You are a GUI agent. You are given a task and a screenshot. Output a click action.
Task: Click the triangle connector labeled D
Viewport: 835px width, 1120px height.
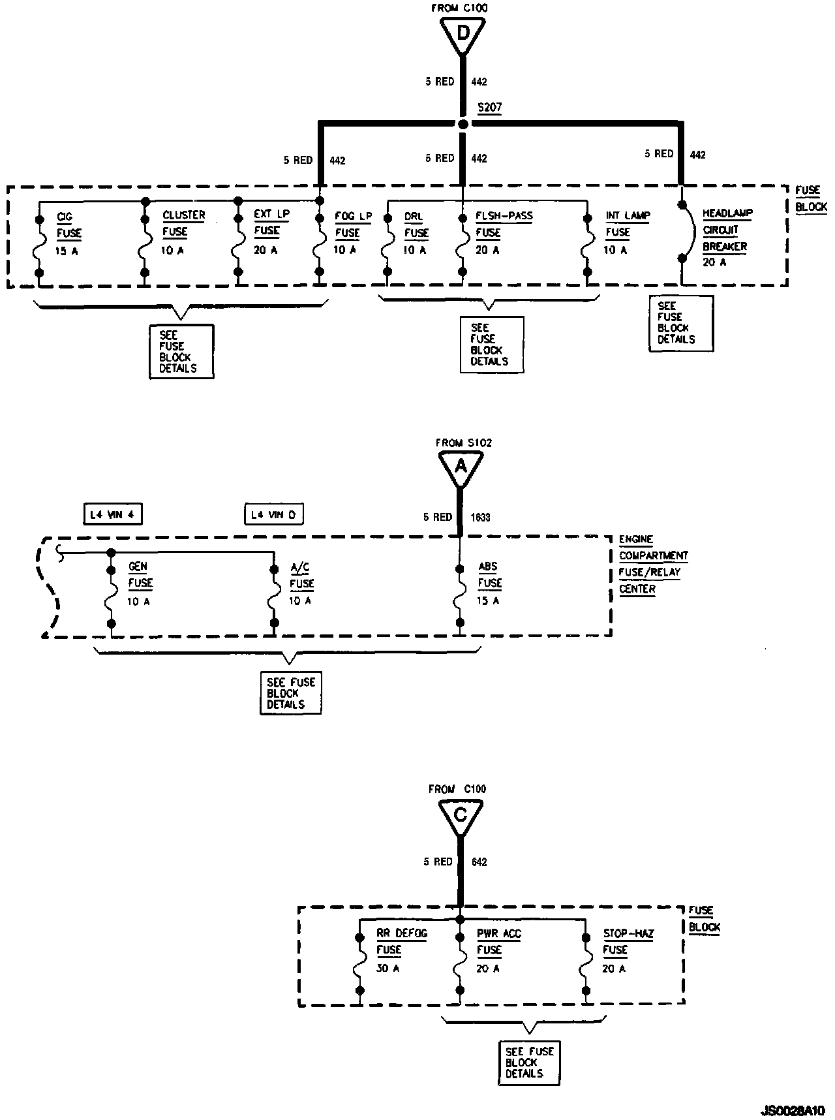[463, 32]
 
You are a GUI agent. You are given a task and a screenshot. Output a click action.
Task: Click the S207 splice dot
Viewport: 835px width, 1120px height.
[463, 123]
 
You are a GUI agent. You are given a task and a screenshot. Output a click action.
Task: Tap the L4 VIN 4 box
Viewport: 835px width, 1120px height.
[113, 514]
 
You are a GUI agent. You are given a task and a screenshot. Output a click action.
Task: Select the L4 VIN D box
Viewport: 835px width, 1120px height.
[274, 514]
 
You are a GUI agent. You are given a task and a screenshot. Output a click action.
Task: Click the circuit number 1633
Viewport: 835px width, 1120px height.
[481, 518]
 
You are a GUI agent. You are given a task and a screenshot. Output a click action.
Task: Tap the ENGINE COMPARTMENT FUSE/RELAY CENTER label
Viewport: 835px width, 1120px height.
[652, 564]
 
